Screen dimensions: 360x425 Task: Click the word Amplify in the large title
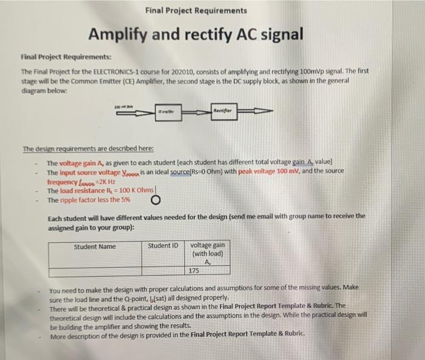click(x=117, y=35)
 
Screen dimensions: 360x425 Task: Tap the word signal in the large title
click(x=279, y=35)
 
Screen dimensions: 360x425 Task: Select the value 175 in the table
click(x=194, y=270)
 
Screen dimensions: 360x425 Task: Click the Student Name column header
click(x=94, y=246)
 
